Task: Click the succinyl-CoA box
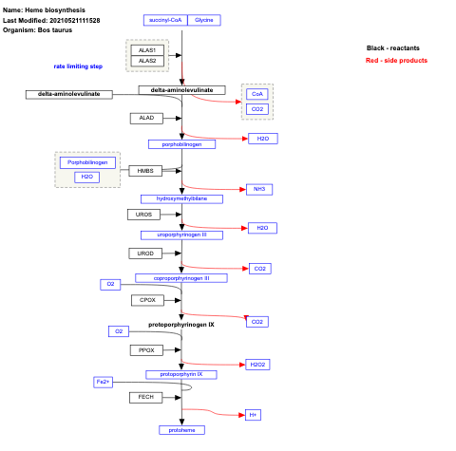(x=164, y=19)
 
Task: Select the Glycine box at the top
(x=203, y=19)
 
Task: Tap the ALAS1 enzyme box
(x=146, y=49)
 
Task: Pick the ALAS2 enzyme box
(x=146, y=61)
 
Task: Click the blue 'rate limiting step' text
(x=78, y=66)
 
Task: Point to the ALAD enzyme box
(x=146, y=118)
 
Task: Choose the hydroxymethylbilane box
(x=181, y=198)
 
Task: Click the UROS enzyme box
(x=143, y=215)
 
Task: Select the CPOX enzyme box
(x=147, y=300)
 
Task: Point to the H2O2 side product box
(x=258, y=365)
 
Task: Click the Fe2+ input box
(x=104, y=381)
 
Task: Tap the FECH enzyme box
(x=145, y=397)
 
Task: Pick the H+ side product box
(x=253, y=415)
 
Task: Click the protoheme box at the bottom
(x=181, y=430)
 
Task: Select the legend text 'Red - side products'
(x=396, y=61)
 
